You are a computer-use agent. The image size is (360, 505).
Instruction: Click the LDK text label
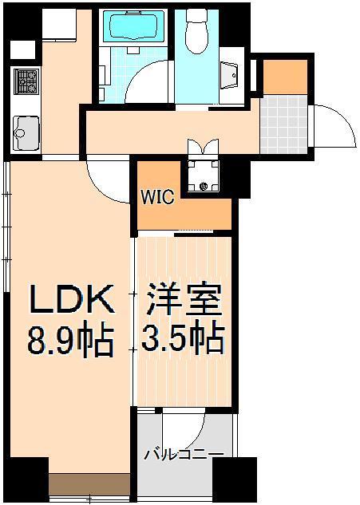coord(67,301)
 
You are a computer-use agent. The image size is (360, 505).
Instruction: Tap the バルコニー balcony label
coord(184,456)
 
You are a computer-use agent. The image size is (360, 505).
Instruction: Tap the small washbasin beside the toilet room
coord(233,75)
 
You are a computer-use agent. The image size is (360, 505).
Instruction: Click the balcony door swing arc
coord(196,428)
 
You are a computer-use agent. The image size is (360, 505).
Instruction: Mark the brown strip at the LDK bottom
coord(89,484)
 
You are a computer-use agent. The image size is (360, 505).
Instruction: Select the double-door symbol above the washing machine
coord(203,148)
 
